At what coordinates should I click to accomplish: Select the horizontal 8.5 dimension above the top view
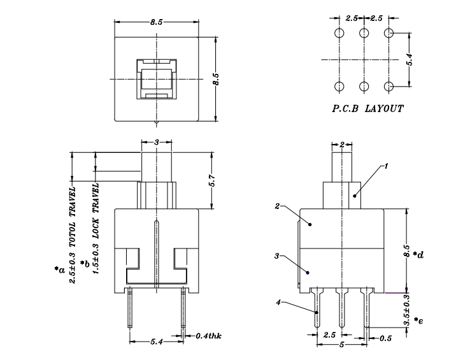point(156,22)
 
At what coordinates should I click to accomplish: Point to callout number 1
point(385,166)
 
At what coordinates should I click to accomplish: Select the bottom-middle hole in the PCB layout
point(364,87)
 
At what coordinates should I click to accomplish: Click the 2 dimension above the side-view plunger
point(342,145)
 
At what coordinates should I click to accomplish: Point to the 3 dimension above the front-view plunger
point(155,142)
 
